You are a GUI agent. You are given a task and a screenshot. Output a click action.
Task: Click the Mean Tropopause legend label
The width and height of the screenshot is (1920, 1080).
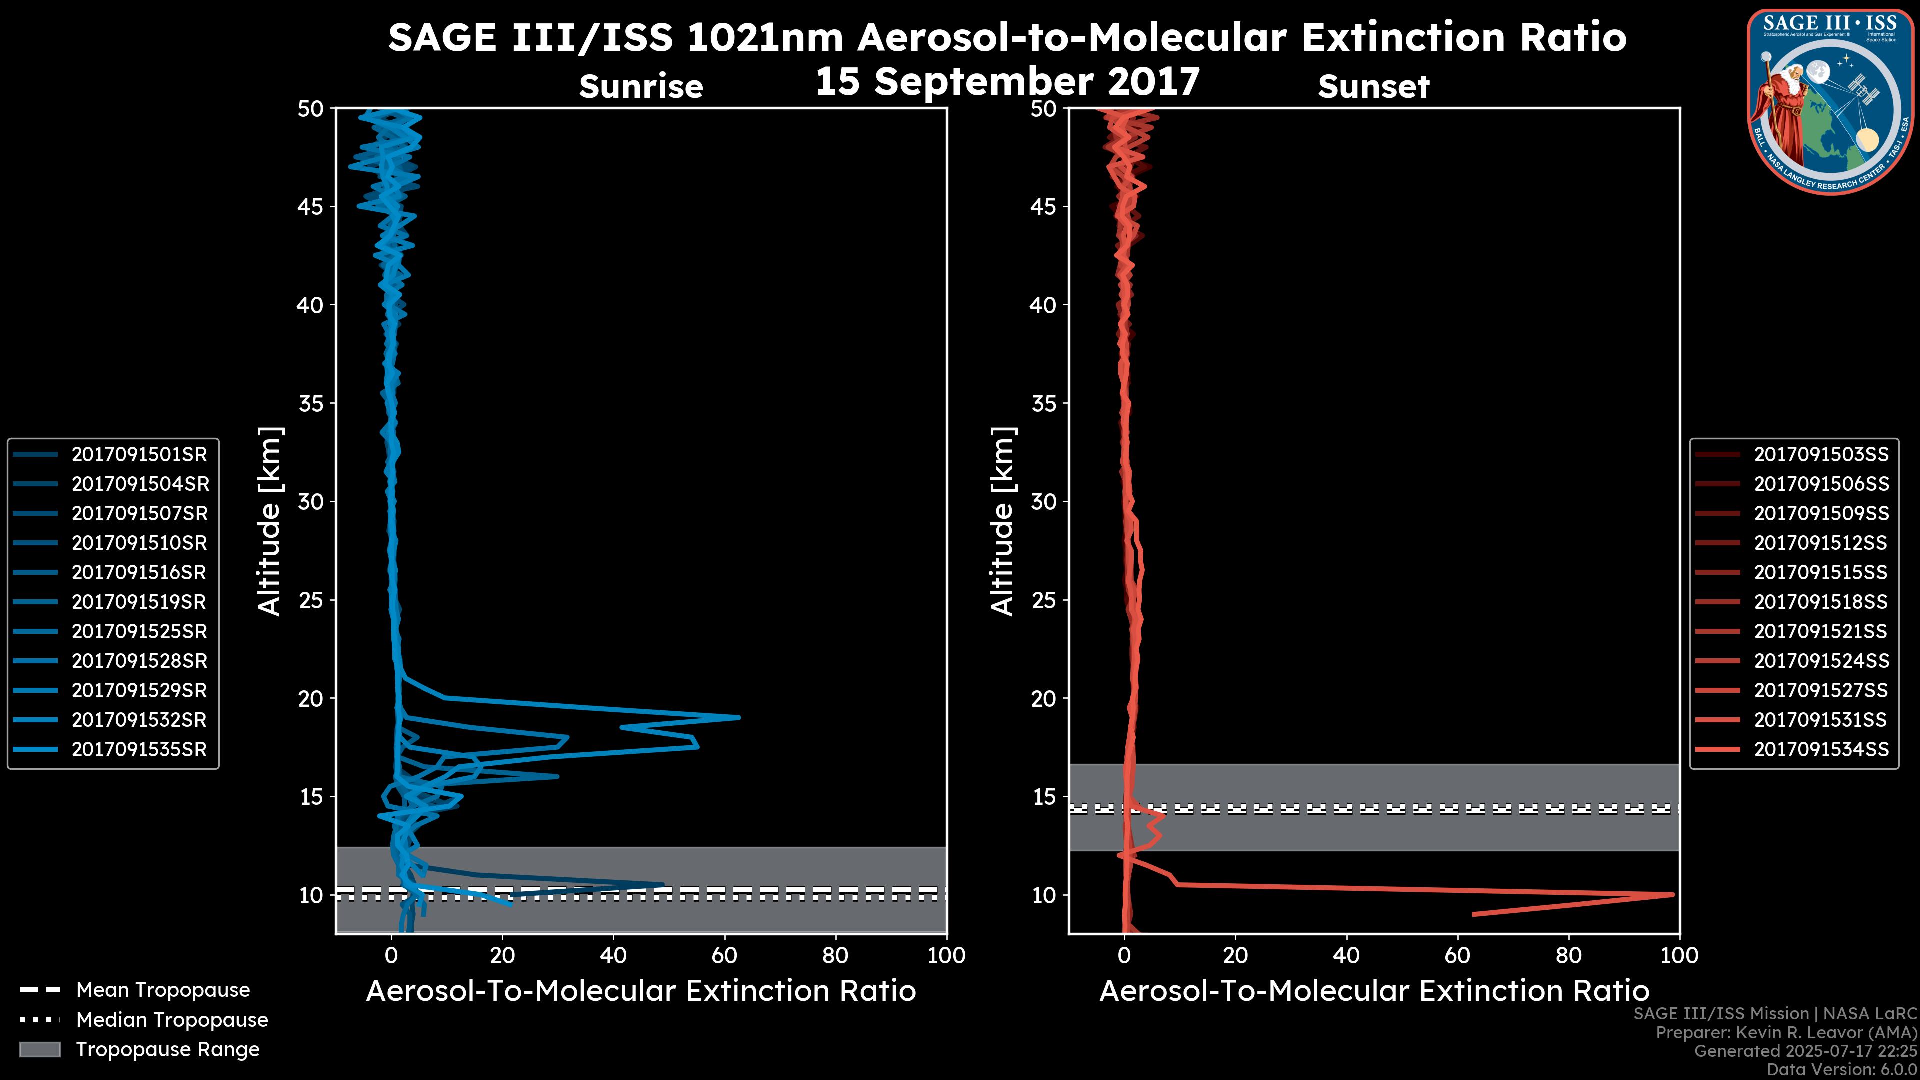tap(163, 990)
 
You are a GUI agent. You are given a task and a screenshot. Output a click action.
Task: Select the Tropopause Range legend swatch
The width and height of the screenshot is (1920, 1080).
tap(40, 1049)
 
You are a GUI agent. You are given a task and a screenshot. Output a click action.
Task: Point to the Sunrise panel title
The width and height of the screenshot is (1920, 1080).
tap(641, 87)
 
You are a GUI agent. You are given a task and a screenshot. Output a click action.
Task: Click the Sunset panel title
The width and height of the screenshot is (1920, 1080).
tap(1373, 87)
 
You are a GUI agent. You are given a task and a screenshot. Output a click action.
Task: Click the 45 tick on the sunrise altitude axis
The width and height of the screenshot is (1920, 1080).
tap(311, 206)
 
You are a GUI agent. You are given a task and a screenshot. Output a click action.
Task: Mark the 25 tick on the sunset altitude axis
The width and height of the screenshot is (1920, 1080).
tap(1044, 600)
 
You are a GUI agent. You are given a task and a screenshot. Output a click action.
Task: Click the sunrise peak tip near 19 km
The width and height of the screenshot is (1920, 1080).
tap(738, 718)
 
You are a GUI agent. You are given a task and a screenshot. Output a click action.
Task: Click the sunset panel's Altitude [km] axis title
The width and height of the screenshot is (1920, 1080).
tap(1003, 521)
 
